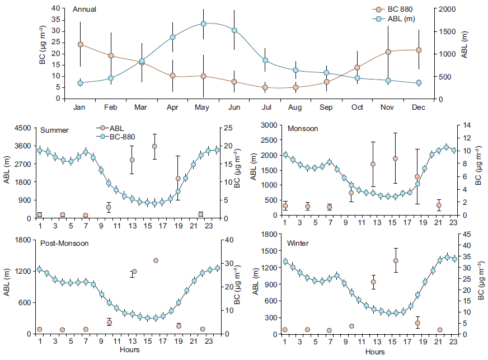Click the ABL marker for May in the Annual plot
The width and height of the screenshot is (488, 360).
coord(204,24)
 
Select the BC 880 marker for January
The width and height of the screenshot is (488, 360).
coord(81,44)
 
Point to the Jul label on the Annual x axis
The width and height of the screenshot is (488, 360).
coord(265,107)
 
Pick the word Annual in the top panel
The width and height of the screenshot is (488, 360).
coord(84,10)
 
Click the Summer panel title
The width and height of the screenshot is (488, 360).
coord(54,130)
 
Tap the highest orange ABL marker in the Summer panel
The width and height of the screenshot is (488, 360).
coord(154,146)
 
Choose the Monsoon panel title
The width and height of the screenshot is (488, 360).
coord(303,129)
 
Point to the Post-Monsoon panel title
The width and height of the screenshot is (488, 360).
coord(64,245)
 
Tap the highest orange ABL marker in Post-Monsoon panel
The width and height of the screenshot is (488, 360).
coord(155,260)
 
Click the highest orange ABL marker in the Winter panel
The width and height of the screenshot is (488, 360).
coord(396,260)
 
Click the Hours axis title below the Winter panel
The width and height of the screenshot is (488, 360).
coord(375,352)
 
